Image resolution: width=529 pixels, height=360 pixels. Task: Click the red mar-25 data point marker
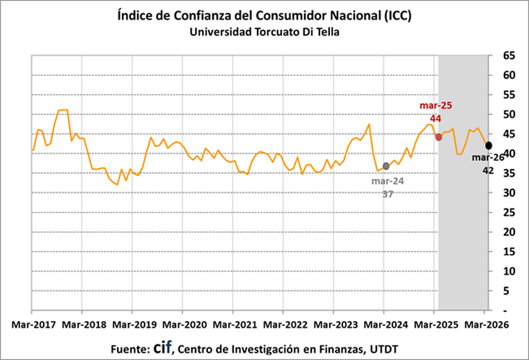click(439, 136)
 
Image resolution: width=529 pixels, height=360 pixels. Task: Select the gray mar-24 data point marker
click(386, 166)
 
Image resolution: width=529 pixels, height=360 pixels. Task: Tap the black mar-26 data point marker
click(489, 145)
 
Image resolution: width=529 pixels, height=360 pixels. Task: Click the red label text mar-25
click(436, 106)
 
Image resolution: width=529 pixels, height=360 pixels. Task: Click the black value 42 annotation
click(488, 169)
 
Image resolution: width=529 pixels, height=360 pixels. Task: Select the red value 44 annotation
click(436, 118)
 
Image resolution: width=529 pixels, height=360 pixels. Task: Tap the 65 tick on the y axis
click(509, 55)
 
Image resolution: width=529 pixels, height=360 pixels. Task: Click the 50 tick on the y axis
click(509, 114)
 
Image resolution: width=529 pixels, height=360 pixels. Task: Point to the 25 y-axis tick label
click(509, 212)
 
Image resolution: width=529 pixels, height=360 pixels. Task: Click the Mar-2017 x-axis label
click(32, 324)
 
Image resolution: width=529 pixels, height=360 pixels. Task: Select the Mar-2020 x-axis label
click(182, 324)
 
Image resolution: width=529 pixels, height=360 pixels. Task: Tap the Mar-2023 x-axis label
click(333, 324)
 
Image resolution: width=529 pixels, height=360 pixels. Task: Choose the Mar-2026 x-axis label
click(484, 324)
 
